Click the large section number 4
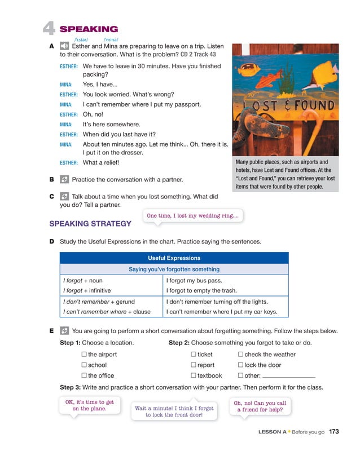(49, 29)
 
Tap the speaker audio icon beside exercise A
(64, 47)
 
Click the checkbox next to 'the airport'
(84, 355)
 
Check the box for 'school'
(84, 365)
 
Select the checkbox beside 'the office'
(84, 375)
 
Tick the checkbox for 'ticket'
(194, 355)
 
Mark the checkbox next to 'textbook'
(194, 375)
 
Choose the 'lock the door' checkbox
(241, 365)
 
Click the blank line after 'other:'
(288, 376)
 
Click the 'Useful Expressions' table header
(174, 258)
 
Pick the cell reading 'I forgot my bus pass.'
(195, 280)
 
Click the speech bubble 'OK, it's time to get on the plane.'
(90, 406)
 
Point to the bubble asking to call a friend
(260, 406)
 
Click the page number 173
(333, 432)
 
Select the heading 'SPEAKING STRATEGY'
(90, 224)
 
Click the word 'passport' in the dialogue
(187, 104)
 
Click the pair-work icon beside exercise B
(64, 180)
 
